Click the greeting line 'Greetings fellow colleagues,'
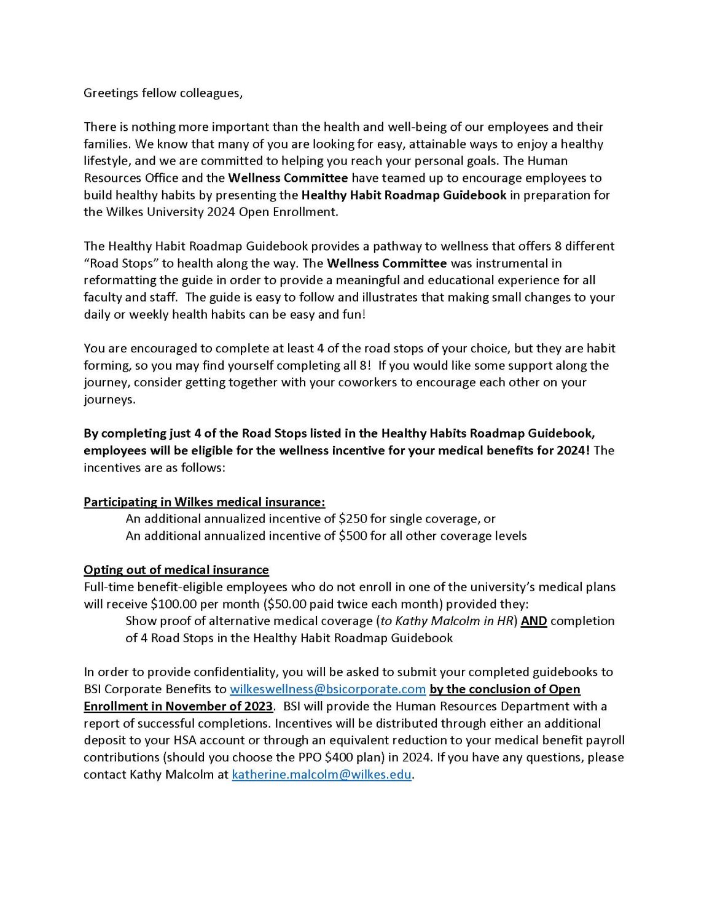163,93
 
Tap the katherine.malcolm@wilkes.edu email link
321,774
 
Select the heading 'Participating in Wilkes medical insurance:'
204,502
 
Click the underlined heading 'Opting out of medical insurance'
176,570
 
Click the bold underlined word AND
533,621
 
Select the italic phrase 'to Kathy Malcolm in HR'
446,621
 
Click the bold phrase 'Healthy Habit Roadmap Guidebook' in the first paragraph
404,195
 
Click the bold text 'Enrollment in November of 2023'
178,706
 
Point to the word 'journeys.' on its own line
109,400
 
